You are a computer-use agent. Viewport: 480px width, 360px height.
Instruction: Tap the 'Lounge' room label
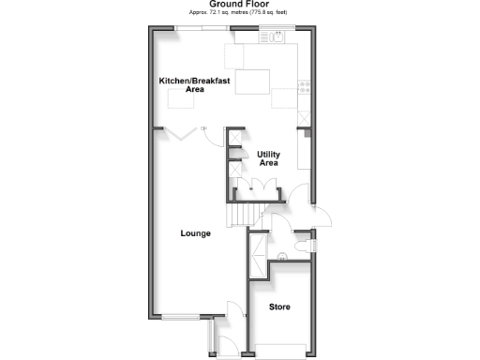coord(196,233)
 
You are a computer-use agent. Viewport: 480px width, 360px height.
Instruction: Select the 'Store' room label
coord(279,307)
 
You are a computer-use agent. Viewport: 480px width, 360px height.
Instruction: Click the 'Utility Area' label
coord(268,158)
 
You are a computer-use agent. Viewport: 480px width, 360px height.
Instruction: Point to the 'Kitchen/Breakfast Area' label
coord(194,85)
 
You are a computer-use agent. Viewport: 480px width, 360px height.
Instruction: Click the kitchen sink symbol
coord(277,37)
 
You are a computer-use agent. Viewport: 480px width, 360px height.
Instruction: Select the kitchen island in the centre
coord(250,82)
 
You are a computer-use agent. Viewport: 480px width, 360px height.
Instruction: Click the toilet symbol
coord(300,245)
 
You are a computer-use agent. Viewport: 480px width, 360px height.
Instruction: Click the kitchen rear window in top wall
coord(197,27)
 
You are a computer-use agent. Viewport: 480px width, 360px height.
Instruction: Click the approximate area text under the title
coord(239,14)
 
